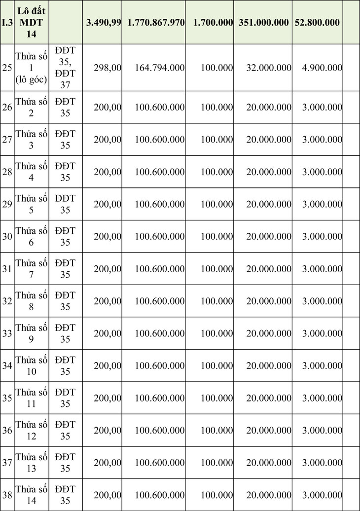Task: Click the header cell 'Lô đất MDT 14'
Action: [x=32, y=23]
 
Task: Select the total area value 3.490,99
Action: [x=104, y=23]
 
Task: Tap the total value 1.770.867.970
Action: [x=156, y=23]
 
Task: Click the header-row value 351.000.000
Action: [x=264, y=23]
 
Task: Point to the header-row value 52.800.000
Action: [x=317, y=23]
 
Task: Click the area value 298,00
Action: [x=108, y=68]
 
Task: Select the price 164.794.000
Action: [x=159, y=68]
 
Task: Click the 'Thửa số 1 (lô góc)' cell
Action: [x=32, y=68]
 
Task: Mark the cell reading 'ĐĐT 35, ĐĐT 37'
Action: [x=66, y=68]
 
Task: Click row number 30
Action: [x=7, y=236]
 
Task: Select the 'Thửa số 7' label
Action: [x=32, y=269]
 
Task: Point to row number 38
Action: [x=7, y=495]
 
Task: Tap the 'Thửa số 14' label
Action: [x=32, y=495]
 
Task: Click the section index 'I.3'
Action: [x=7, y=23]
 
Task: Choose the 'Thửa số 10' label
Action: [x=32, y=365]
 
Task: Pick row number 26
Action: [x=7, y=107]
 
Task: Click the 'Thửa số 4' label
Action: [x=32, y=172]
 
